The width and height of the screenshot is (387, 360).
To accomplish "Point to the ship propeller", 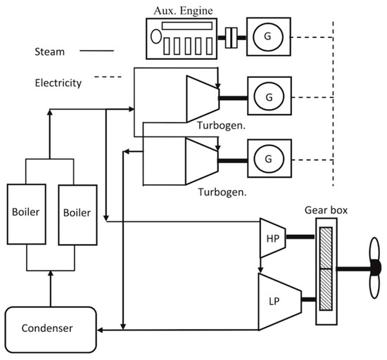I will pyautogui.click(x=374, y=267).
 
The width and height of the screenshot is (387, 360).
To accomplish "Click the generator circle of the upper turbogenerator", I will pyautogui.click(x=270, y=92).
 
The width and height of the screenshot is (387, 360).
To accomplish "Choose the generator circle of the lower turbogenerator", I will pyautogui.click(x=270, y=155).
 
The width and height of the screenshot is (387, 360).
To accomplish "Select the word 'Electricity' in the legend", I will pyautogui.click(x=58, y=82).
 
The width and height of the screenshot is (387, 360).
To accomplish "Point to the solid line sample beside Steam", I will pyautogui.click(x=99, y=51).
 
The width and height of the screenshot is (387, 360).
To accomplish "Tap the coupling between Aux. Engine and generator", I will pyautogui.click(x=229, y=36).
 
